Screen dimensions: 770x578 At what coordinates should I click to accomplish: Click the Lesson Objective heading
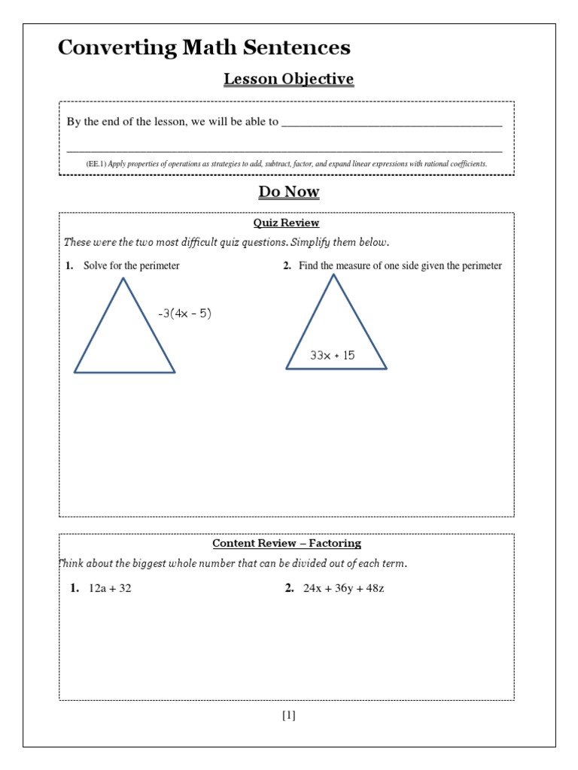coord(288,79)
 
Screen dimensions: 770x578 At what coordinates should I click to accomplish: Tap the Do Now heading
coord(289,192)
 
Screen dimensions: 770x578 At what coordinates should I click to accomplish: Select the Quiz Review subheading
coord(286,223)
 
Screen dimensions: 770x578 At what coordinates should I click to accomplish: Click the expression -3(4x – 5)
coord(184,314)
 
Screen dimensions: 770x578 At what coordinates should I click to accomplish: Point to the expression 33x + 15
coord(332,355)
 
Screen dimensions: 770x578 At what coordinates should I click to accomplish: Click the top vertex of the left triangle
coord(123,279)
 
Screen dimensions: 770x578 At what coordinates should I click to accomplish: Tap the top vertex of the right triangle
coord(333,274)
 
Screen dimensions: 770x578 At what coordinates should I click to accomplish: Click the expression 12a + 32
coord(110,588)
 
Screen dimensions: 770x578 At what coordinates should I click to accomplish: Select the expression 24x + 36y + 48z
coord(344,588)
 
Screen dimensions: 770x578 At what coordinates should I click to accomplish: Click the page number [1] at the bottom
coord(289,716)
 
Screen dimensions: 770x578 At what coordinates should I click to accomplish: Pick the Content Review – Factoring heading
coord(287,543)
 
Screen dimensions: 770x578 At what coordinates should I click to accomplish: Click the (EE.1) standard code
coord(96,164)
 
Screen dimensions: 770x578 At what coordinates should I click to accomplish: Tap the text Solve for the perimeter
coord(132,265)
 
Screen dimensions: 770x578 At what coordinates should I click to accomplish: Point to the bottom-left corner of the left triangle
coord(75,371)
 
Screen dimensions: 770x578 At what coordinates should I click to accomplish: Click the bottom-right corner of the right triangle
coord(386,368)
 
